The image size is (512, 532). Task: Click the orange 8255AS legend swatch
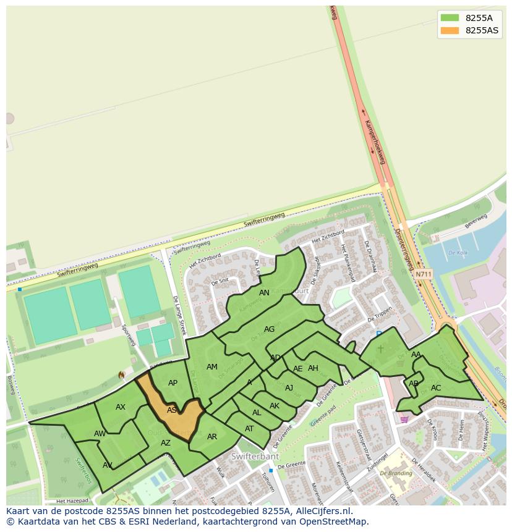coord(450,30)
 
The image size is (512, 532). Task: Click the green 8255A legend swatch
coord(450,18)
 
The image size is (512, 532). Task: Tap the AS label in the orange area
coord(172,410)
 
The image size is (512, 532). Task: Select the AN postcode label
coord(264,293)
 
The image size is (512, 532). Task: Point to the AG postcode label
coord(269,329)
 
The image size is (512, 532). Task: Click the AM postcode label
coord(212,367)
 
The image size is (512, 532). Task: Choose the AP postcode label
coord(173,383)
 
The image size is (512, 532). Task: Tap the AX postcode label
coord(121,407)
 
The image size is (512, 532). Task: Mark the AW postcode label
coord(100,434)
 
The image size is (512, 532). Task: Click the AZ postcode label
coord(166,443)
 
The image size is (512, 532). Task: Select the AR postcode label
coord(212,437)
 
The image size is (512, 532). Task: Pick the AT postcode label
coord(249,429)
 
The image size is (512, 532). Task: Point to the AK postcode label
coord(275,406)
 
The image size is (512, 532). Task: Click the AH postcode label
coord(313,368)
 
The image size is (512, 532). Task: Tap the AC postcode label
coord(436,388)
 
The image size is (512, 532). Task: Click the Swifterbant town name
coord(255,457)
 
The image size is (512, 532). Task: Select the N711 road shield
coord(424,274)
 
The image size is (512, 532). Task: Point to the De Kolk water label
coord(458,253)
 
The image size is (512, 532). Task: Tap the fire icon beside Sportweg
coord(121,375)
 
